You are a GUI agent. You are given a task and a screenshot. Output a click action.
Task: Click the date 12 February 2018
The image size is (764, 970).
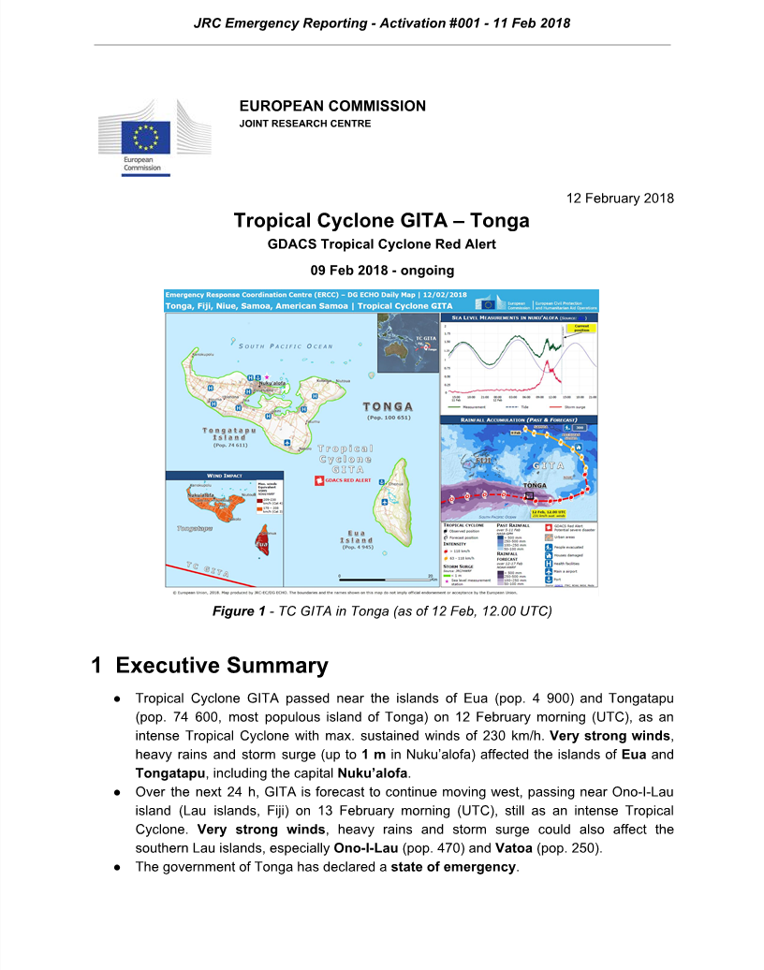point(621,198)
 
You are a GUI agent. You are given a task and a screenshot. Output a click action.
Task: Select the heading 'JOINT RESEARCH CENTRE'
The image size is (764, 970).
point(304,124)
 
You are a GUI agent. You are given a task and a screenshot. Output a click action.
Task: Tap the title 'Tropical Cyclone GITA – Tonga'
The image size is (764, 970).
point(381,221)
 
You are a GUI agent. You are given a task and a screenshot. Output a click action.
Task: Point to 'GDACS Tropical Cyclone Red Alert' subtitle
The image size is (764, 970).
point(381,245)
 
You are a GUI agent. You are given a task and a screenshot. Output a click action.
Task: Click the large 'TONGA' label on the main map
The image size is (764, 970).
point(388,407)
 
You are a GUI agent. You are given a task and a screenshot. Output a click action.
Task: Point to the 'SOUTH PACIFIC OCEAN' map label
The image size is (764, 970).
point(286,346)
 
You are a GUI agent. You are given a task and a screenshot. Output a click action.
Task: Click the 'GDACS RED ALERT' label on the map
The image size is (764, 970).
point(346,479)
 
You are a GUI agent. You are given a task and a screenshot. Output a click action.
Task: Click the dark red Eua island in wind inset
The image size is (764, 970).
point(261,540)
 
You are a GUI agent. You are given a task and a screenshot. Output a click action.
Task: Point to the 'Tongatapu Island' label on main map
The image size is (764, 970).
point(224,434)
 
